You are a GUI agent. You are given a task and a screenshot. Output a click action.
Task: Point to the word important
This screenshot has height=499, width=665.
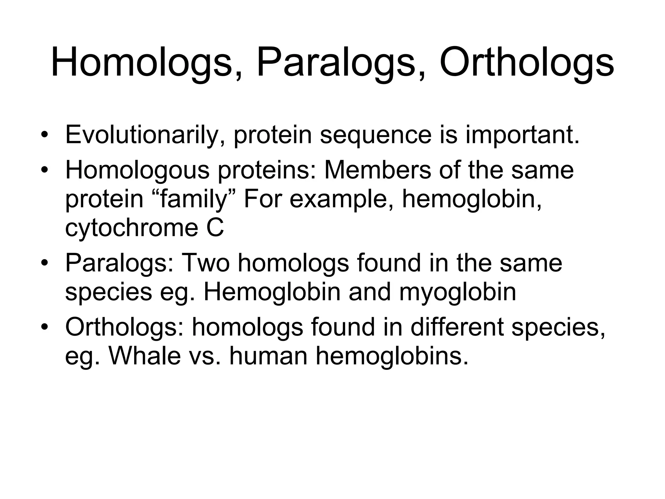pos(522,135)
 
